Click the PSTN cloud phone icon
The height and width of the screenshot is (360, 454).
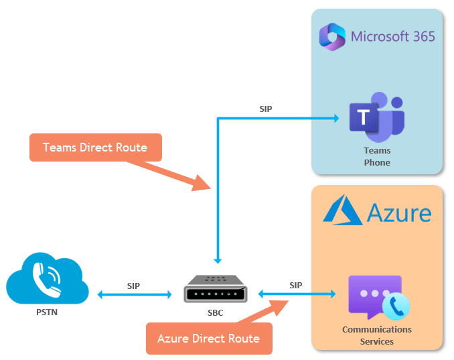tap(47, 280)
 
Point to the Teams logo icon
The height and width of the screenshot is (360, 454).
tap(376, 115)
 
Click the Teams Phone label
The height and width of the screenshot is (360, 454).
tap(377, 156)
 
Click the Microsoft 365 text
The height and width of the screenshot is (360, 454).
tap(393, 36)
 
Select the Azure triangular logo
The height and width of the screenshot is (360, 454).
tap(343, 210)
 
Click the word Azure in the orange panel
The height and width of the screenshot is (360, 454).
tap(399, 213)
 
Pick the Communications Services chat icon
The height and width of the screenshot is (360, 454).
tap(378, 297)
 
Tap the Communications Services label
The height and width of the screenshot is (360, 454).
tap(377, 335)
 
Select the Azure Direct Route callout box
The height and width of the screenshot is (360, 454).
tap(208, 339)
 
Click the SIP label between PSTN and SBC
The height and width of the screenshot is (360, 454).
tap(134, 286)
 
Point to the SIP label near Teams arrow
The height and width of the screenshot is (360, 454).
tap(266, 109)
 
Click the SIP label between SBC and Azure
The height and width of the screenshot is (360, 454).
tap(296, 285)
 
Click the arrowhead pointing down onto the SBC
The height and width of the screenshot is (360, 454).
tap(217, 259)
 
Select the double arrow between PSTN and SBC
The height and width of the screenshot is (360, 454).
tap(135, 294)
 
